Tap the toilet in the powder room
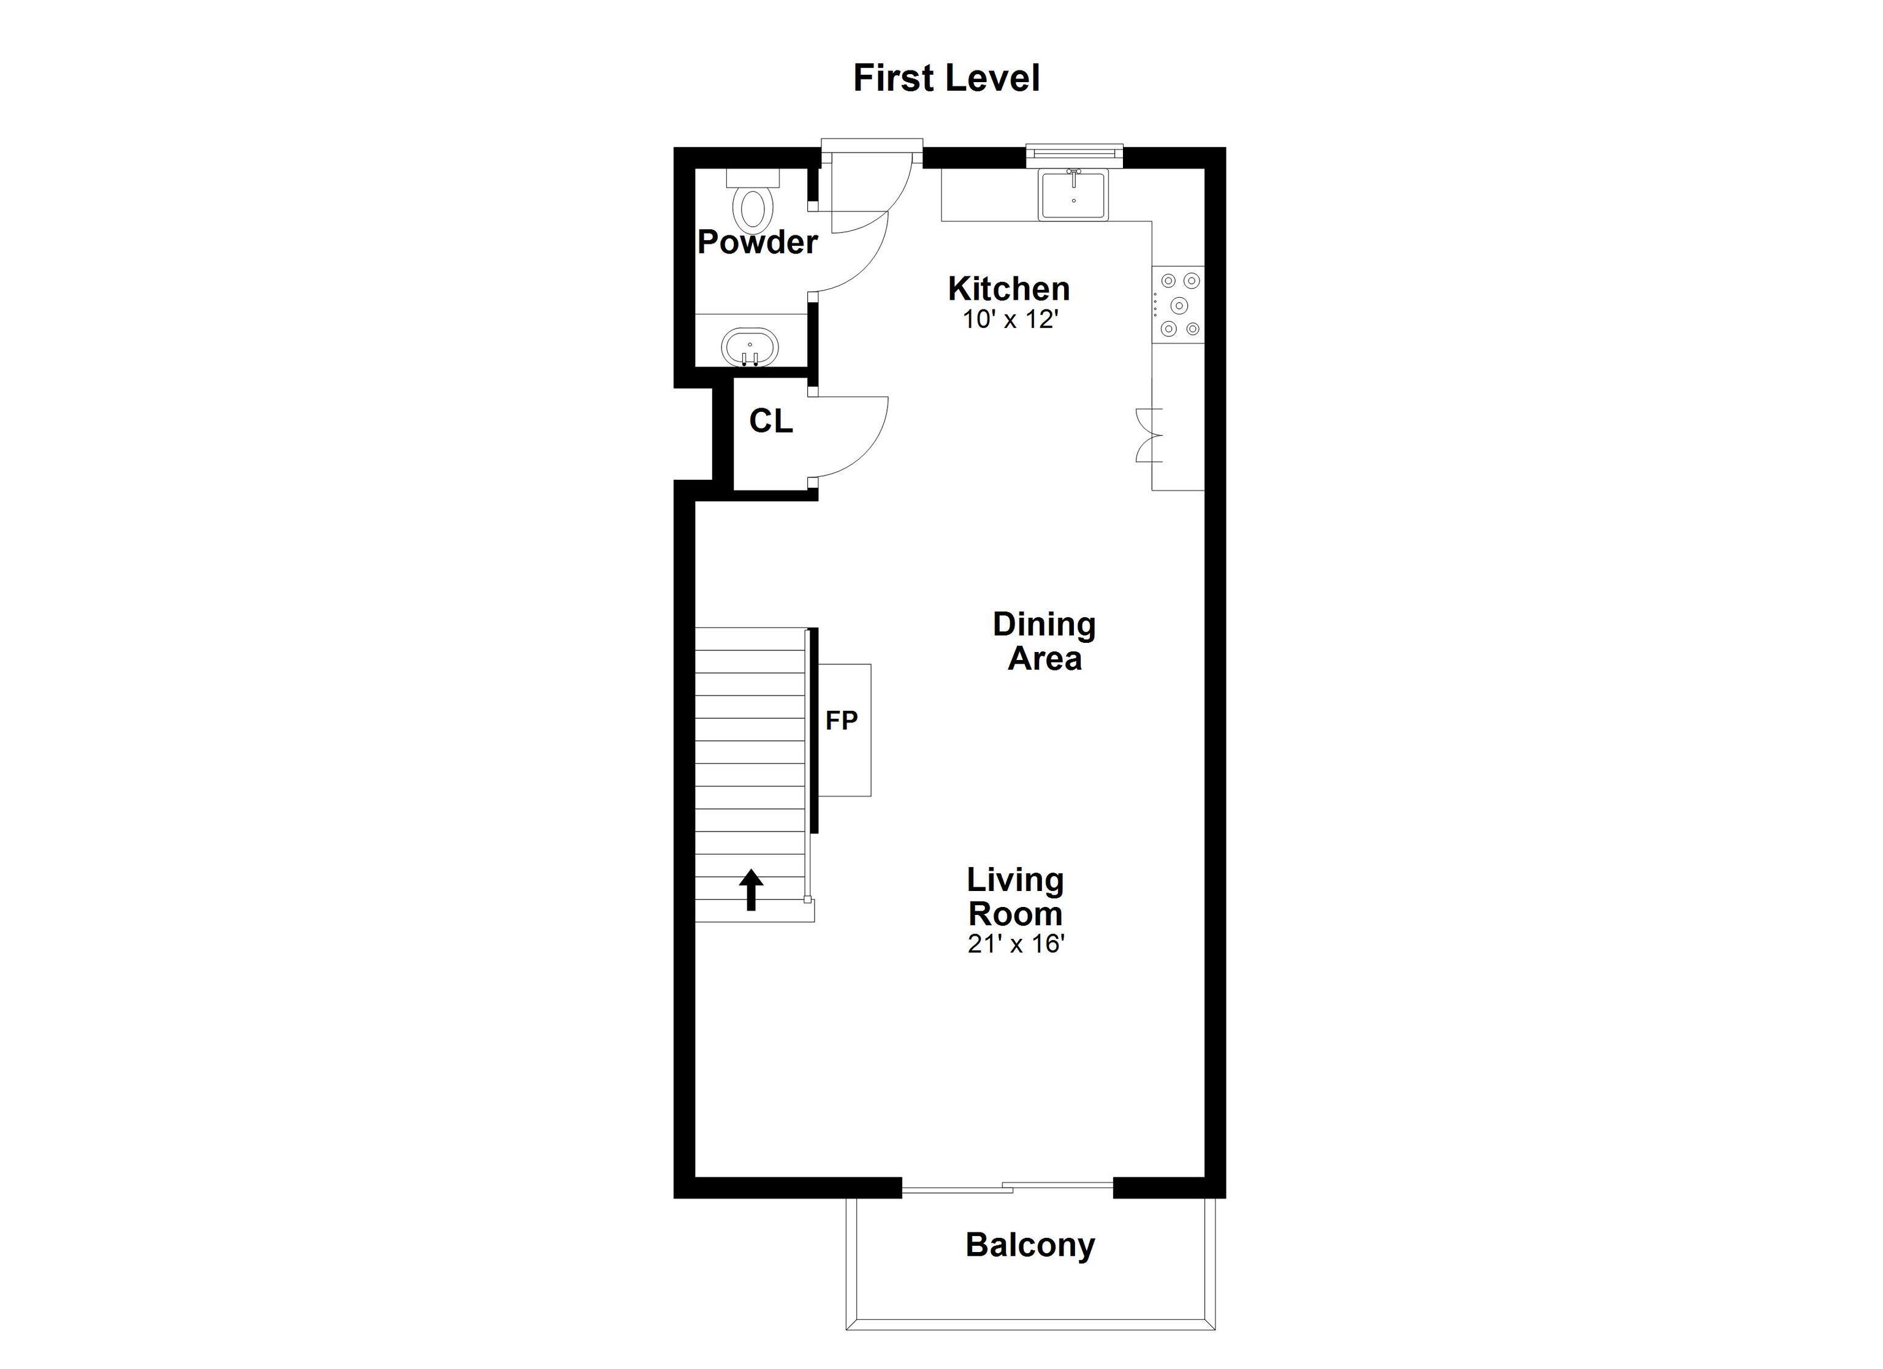[754, 203]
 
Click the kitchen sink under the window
[1073, 196]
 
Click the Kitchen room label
[1009, 289]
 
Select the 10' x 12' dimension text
[1010, 320]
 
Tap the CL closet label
[770, 422]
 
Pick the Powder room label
[757, 243]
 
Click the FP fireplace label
[841, 721]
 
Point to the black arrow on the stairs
[751, 889]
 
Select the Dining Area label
[1044, 642]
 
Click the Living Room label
[1014, 897]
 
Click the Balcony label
[1030, 1245]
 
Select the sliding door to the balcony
[1007, 1188]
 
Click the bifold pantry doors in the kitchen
[1150, 435]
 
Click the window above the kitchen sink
[1073, 151]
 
